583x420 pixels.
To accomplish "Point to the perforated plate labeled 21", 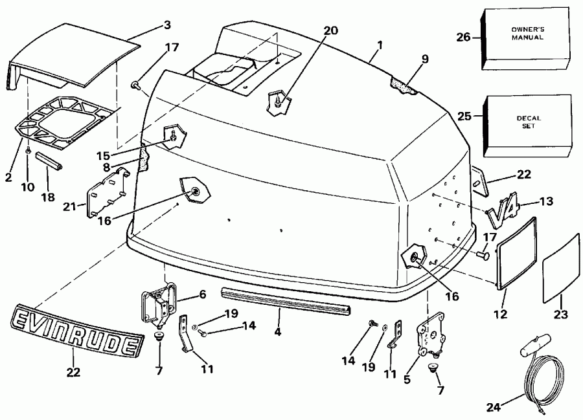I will point(107,196).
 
